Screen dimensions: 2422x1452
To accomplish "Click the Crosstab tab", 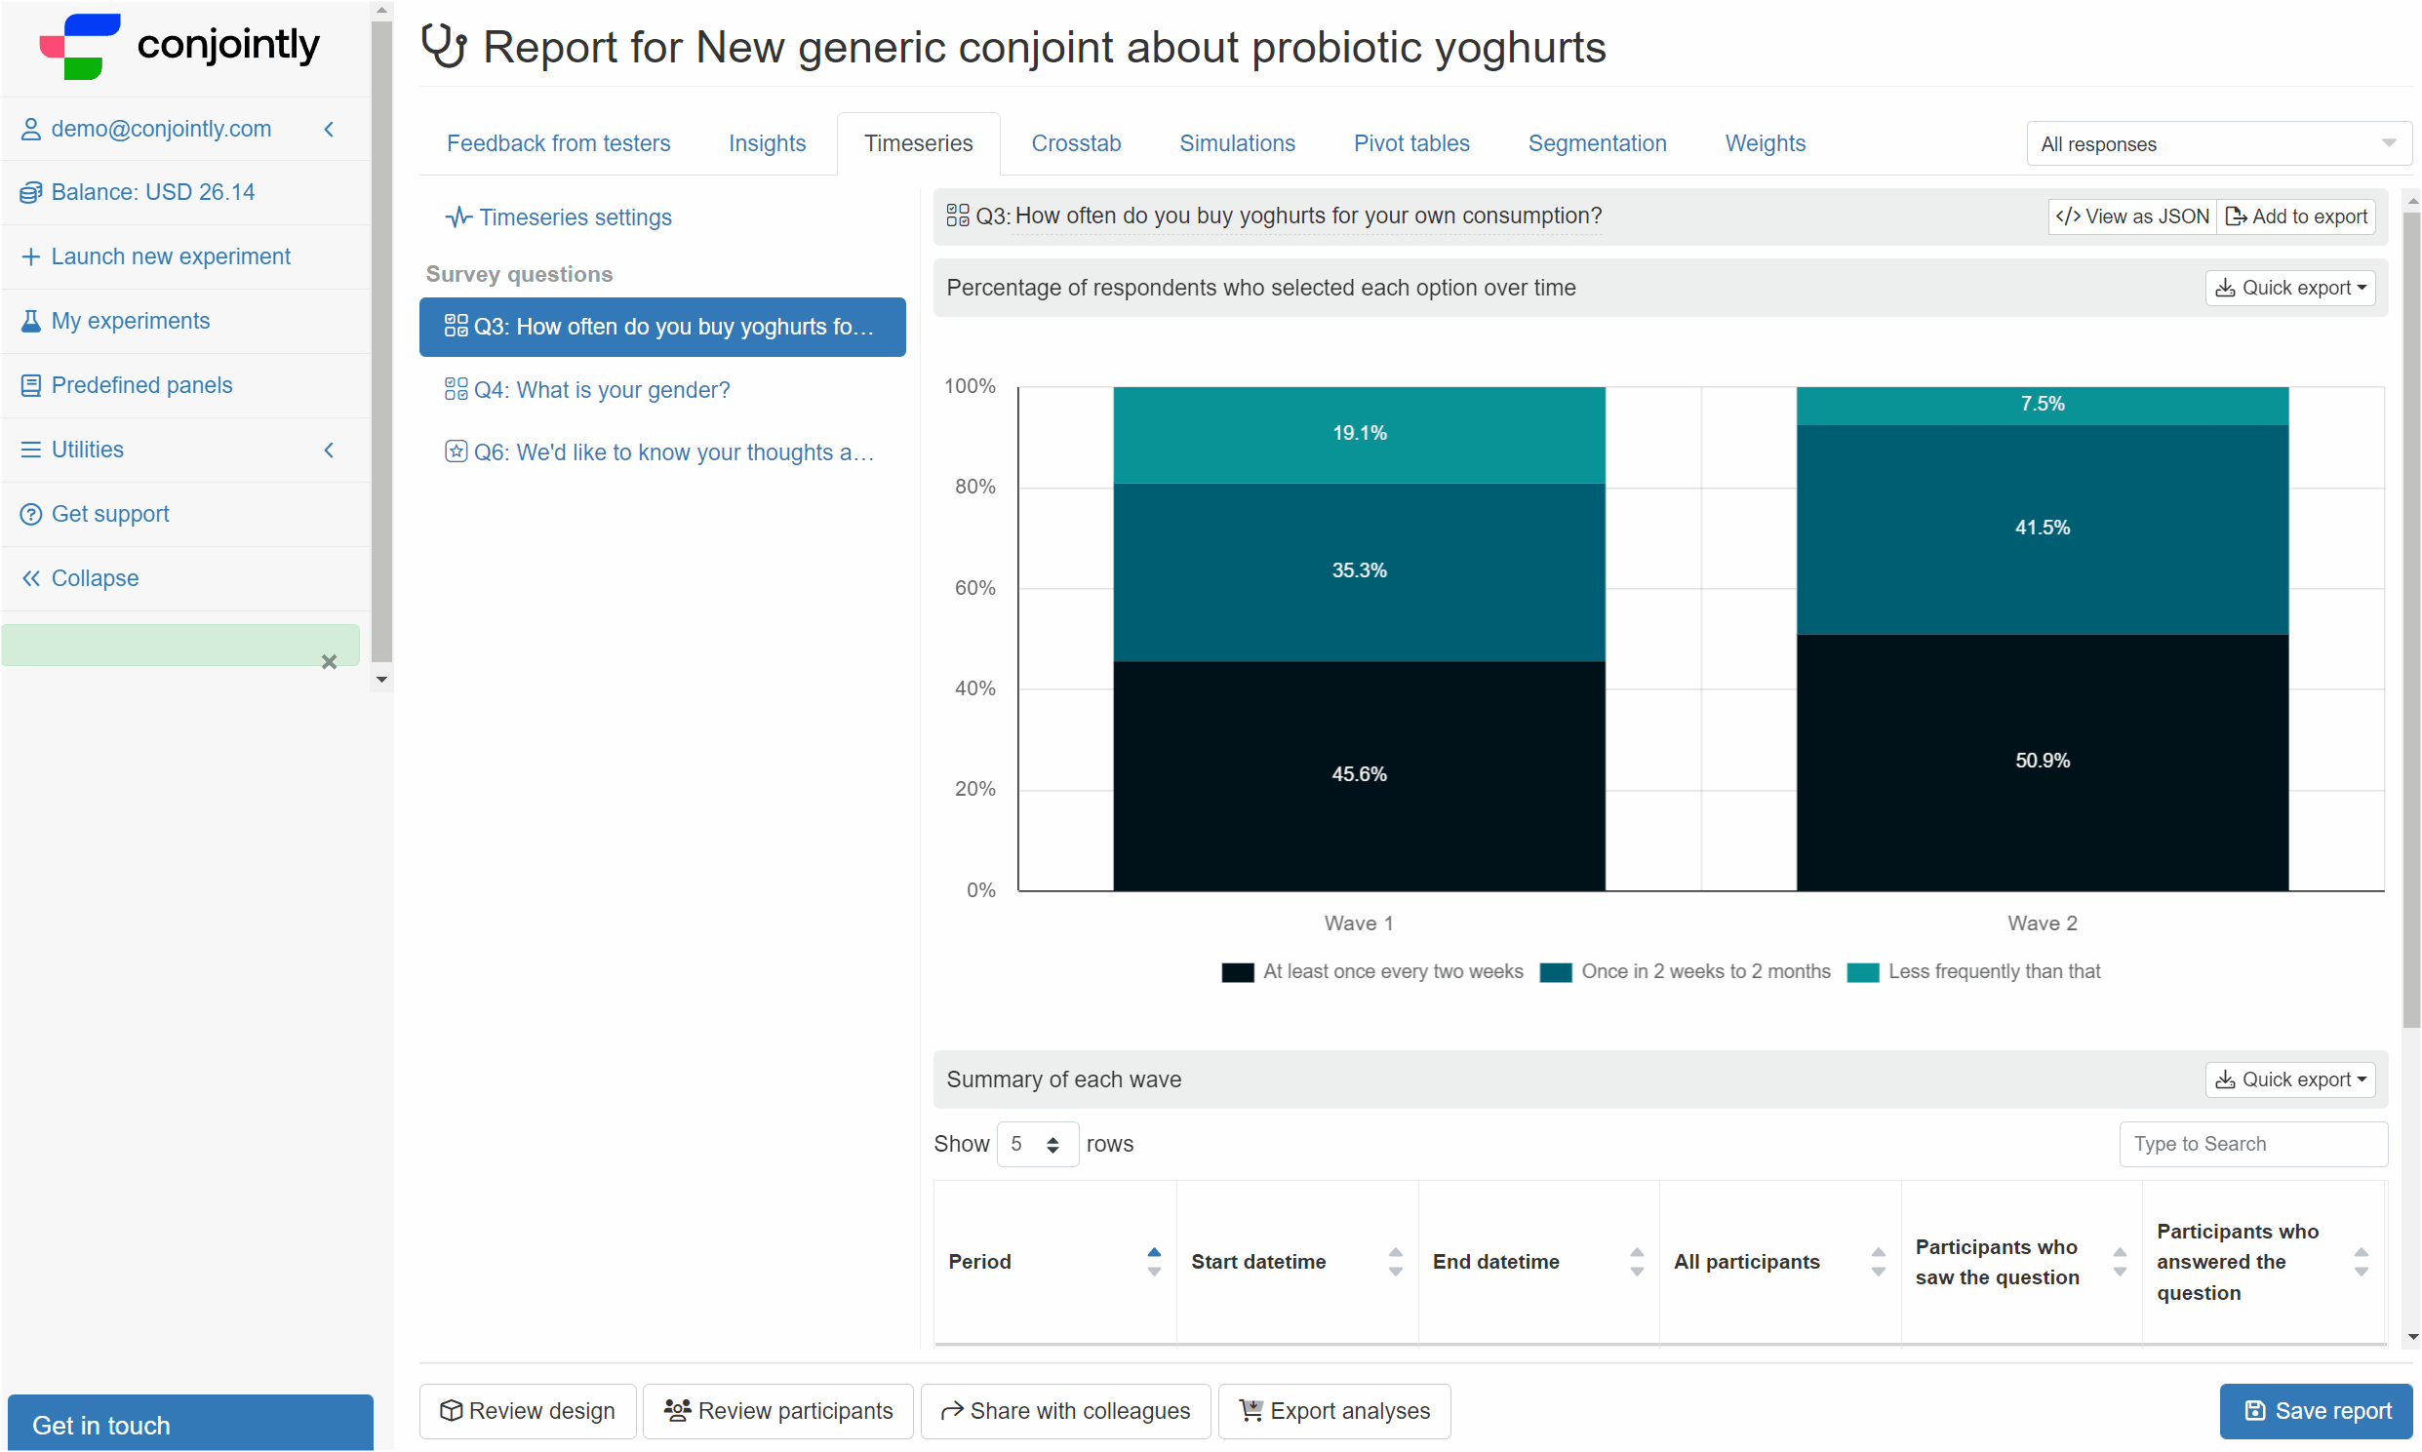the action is [1076, 143].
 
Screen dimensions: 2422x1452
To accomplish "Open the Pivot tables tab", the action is [1411, 143].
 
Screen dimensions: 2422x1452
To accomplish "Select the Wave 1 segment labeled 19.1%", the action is [1358, 434].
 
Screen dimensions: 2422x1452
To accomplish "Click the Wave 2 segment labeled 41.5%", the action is [2042, 530].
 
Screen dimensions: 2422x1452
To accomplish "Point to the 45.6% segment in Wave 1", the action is [1358, 775].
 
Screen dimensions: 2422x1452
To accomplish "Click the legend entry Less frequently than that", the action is [1973, 971].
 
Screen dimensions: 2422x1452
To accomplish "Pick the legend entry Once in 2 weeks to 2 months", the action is [1685, 971].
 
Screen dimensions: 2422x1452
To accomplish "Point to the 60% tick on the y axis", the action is [974, 588].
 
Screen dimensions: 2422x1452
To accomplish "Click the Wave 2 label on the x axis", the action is [2042, 923].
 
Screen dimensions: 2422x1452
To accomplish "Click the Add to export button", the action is [2296, 216].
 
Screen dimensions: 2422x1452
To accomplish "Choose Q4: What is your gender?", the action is [587, 390].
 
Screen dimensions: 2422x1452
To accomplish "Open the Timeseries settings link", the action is [559, 217].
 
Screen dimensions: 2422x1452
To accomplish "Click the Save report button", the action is [2316, 1411].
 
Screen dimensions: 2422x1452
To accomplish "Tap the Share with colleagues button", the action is [1065, 1411].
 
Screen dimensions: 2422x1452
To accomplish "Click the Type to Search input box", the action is [2252, 1144].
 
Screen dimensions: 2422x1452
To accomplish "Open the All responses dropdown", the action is [2218, 143].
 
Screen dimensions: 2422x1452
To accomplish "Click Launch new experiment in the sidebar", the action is [171, 257].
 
